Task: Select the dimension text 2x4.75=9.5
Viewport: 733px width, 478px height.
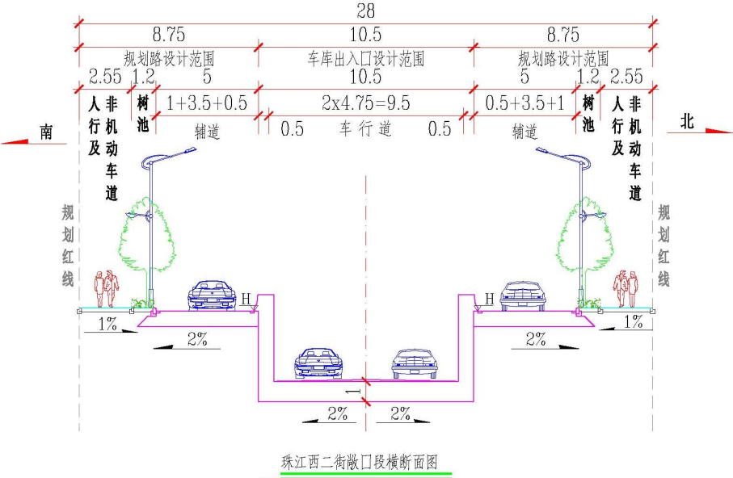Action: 365,103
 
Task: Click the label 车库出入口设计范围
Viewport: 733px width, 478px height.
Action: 366,59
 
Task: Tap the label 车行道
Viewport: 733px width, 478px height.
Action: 366,129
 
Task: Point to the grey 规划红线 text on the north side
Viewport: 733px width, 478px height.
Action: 663,245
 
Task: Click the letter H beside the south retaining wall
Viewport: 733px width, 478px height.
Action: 246,300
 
